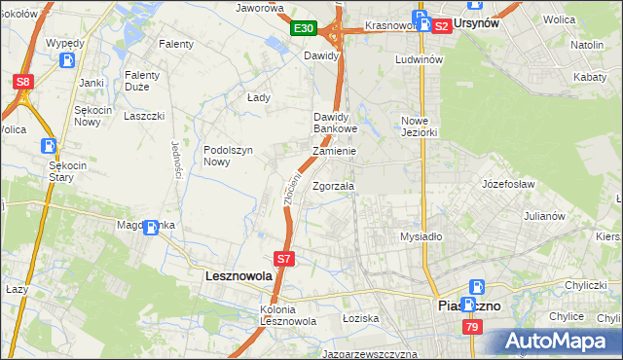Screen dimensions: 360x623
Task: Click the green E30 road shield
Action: tap(304, 29)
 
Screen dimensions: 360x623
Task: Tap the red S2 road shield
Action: tap(441, 26)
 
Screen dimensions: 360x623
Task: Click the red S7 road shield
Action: tap(283, 259)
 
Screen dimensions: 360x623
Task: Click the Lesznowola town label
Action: tap(238, 276)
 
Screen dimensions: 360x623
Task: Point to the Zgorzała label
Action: tap(334, 186)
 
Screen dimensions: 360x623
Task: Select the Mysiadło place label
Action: tap(421, 236)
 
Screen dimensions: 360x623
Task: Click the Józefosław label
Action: tap(509, 182)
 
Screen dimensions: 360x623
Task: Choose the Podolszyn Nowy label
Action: tap(229, 156)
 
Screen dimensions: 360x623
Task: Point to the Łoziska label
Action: tap(359, 318)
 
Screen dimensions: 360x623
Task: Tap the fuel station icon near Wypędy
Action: tap(68, 60)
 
